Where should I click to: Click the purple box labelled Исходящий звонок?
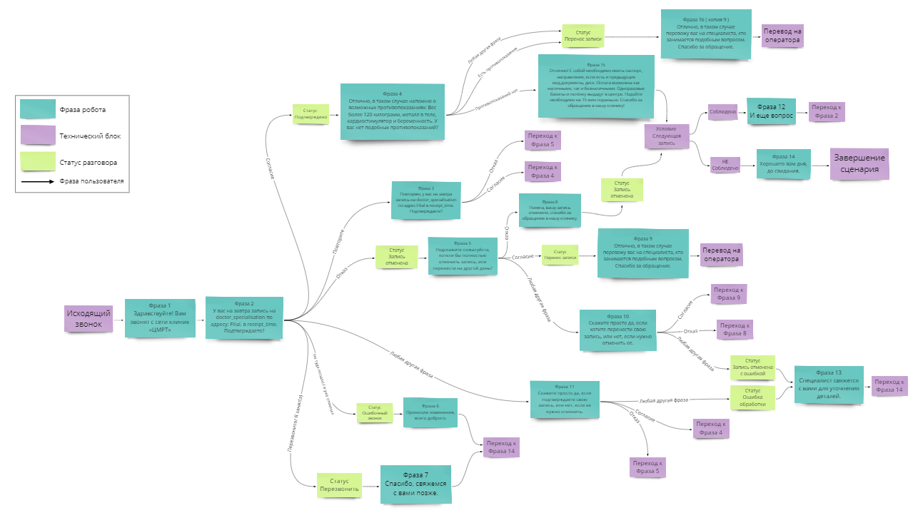(89, 318)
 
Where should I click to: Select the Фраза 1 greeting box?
(160, 318)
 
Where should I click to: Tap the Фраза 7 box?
(415, 485)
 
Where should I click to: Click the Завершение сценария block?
(859, 163)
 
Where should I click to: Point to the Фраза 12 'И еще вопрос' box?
(770, 111)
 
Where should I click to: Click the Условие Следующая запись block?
(666, 136)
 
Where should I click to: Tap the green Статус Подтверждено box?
(311, 114)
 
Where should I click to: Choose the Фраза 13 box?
(829, 385)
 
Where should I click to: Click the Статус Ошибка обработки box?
(752, 397)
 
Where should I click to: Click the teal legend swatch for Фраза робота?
(38, 108)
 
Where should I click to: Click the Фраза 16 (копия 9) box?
(705, 35)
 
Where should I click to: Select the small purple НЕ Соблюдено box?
(725, 166)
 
